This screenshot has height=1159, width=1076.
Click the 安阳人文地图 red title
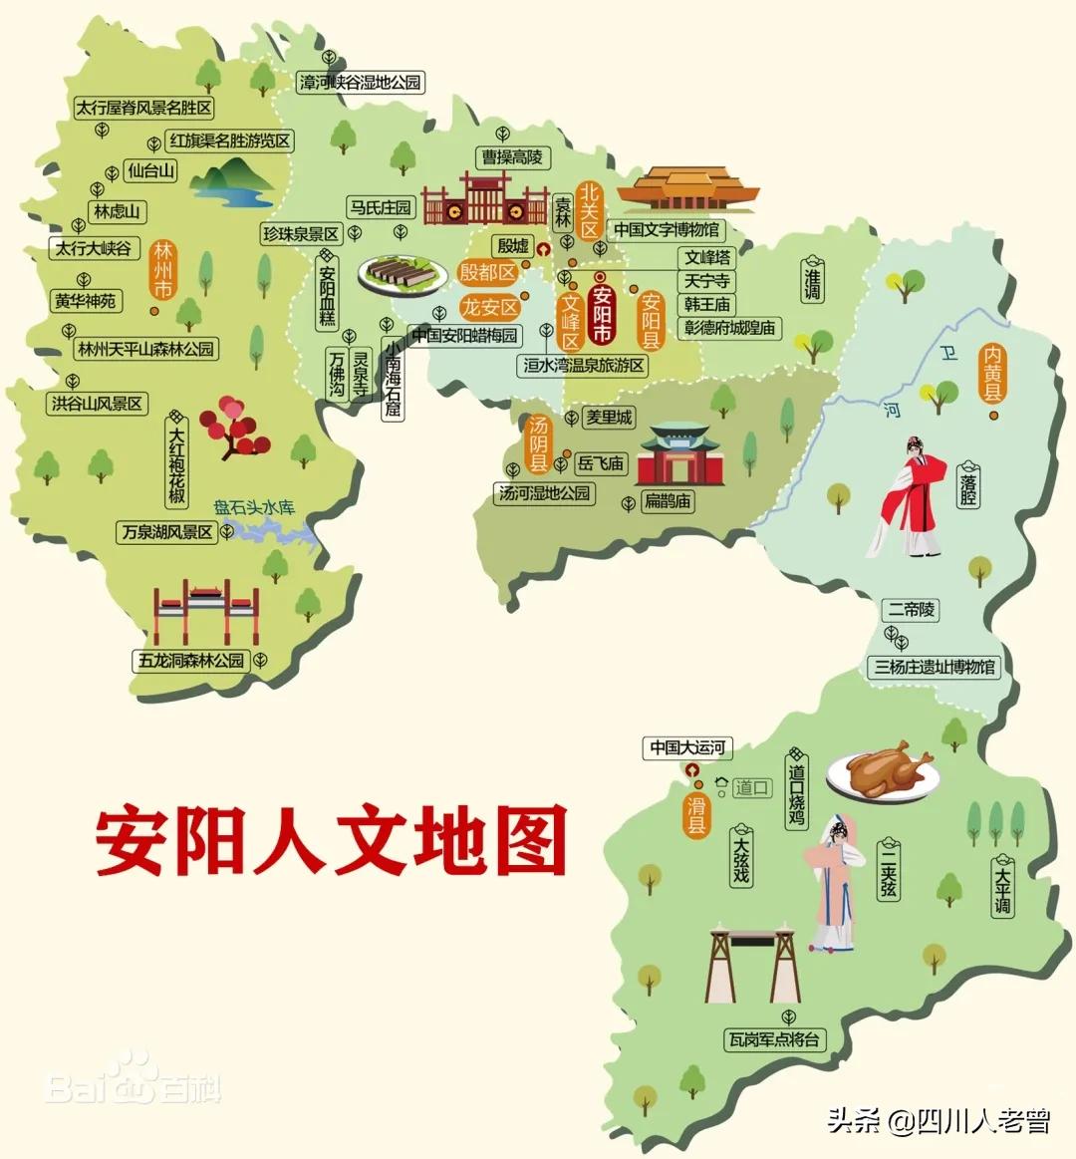(331, 840)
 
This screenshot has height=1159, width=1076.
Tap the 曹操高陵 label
(513, 157)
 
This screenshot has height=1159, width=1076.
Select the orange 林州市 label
(162, 269)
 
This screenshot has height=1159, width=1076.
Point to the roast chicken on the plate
(889, 768)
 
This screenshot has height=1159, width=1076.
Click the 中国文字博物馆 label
(666, 229)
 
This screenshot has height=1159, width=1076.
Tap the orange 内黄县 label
(992, 373)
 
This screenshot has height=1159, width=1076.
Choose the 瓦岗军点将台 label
(775, 1039)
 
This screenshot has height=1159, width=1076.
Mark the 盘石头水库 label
(255, 507)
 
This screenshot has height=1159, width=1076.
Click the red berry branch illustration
(235, 427)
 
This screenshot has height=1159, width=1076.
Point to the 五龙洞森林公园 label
(190, 660)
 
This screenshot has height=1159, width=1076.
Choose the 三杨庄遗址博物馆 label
(935, 667)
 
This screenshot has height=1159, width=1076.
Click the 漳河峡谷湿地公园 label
(361, 83)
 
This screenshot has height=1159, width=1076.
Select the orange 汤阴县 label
(538, 443)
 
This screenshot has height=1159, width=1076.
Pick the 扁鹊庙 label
(667, 500)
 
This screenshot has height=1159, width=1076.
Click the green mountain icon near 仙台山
(232, 183)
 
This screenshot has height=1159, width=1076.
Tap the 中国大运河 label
(690, 747)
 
